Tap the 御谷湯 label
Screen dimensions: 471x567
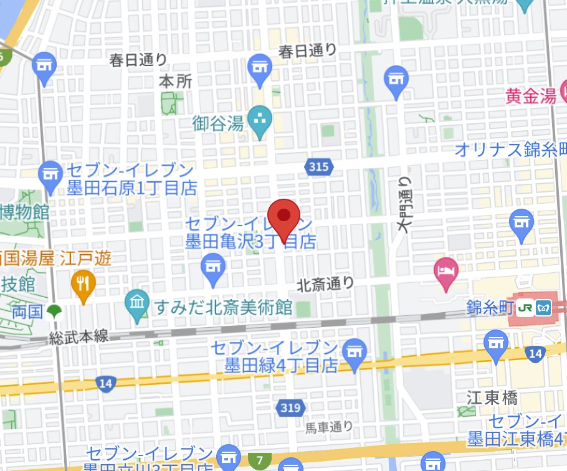coord(217,123)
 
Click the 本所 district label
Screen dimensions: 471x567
coord(176,81)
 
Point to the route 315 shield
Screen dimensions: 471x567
coord(319,166)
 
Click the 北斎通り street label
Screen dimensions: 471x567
coord(325,285)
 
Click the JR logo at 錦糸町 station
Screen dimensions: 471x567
coord(526,309)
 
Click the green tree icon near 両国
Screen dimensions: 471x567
coord(55,311)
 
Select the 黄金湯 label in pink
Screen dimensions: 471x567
coord(530,96)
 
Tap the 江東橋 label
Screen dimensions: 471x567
coord(492,398)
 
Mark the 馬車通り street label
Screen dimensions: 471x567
coord(329,427)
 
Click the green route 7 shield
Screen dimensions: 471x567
coord(259,461)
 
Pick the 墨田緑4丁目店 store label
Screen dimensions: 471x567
coord(272,364)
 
